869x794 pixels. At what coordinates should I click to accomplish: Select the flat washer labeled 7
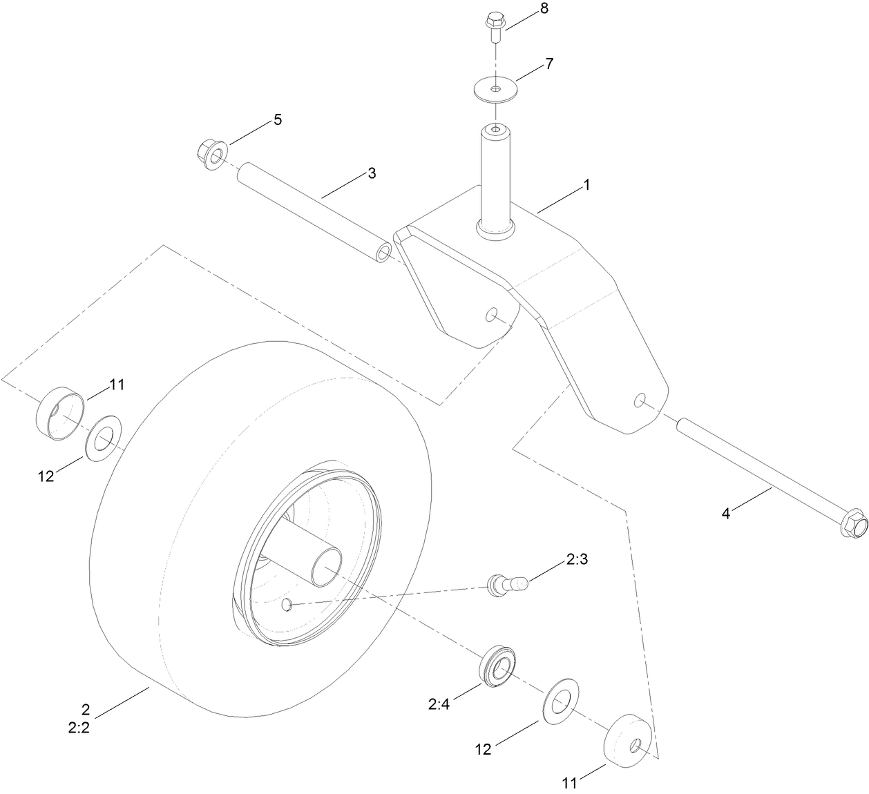point(496,90)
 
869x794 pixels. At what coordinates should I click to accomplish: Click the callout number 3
point(372,173)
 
